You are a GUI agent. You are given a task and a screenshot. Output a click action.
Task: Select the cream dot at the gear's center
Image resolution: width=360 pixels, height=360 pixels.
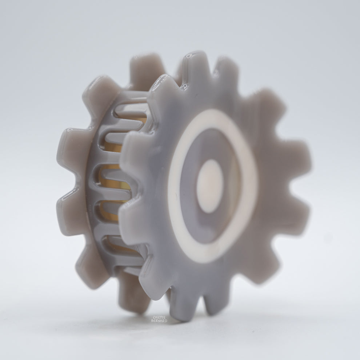pos(210,186)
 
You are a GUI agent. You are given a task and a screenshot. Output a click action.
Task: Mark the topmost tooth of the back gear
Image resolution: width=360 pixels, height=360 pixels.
pos(145,67)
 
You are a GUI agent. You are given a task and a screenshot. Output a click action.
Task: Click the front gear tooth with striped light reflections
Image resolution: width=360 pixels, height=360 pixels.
pos(164,87)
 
